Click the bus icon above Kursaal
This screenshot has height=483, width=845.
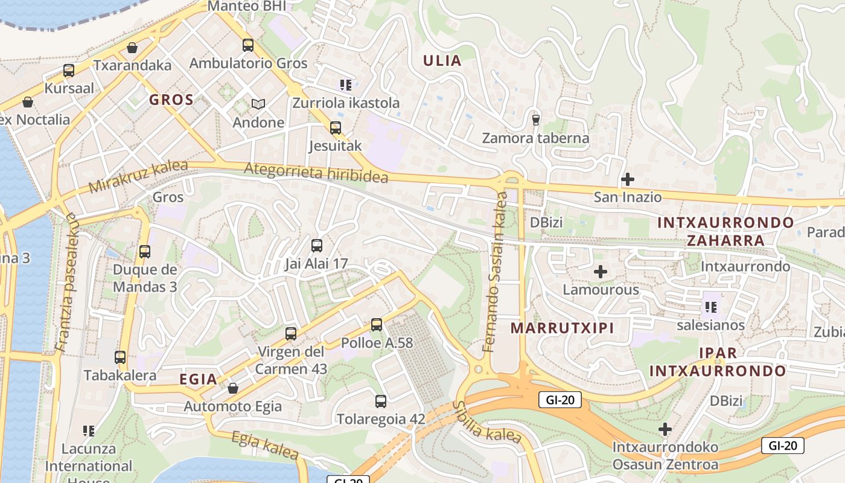(69, 71)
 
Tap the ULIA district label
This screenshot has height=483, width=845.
(442, 60)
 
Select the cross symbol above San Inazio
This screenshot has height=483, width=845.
(628, 179)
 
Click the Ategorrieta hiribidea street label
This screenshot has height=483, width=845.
(316, 173)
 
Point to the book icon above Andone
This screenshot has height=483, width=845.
(258, 104)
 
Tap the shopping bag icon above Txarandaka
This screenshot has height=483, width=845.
(132, 48)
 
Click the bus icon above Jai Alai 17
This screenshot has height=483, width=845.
(317, 246)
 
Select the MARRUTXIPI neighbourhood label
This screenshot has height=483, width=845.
(562, 328)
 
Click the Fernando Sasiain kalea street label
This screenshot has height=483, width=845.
(496, 272)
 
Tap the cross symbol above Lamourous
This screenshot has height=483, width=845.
(600, 272)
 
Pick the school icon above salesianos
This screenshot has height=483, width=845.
(710, 307)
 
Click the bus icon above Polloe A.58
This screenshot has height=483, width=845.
(377, 325)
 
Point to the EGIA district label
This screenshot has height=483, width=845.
(198, 379)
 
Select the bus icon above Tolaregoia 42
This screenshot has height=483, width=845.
(381, 401)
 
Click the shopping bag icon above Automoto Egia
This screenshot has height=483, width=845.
(233, 388)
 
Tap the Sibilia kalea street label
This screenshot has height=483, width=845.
(486, 422)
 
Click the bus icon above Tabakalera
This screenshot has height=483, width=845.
(120, 357)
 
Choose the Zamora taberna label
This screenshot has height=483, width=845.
(535, 138)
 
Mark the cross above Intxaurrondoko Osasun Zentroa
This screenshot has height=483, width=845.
(665, 429)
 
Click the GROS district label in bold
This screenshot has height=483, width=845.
(171, 100)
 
